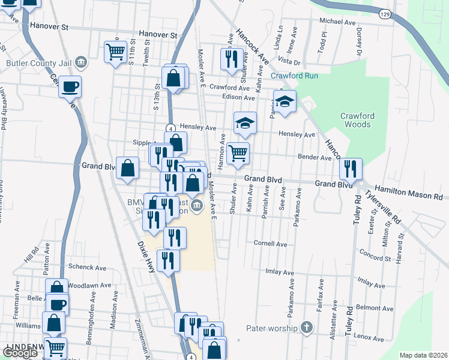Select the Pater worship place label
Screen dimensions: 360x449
(272, 328)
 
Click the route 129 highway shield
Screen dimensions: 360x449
(385, 13)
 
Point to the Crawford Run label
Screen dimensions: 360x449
(294, 76)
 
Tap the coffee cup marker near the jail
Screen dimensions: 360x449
(70, 87)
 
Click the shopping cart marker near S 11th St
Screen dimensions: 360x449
(115, 50)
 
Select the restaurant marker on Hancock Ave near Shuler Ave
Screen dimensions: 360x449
(231, 58)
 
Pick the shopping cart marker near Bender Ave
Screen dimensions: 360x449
(238, 154)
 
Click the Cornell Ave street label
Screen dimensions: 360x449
(270, 244)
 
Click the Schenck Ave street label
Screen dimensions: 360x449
(87, 266)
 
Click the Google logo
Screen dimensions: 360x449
(20, 353)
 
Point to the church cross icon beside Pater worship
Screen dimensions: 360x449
(307, 328)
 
